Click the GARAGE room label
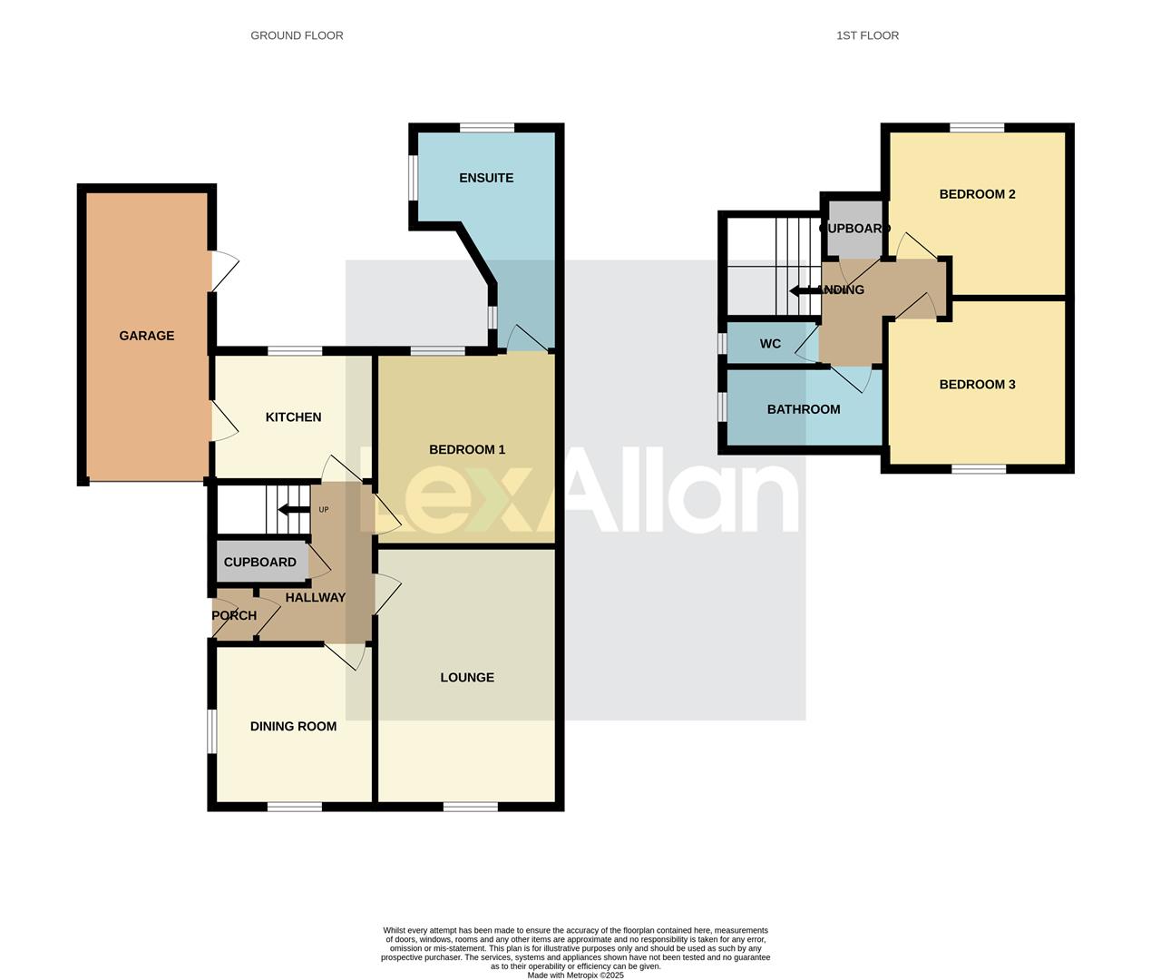click(146, 336)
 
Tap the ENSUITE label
click(486, 178)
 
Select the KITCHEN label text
click(293, 417)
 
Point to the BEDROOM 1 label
click(467, 450)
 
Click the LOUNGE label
click(467, 678)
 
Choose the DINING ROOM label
click(293, 727)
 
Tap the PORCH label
click(234, 615)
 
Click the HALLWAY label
click(316, 598)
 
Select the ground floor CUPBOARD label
click(259, 563)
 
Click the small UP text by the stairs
click(324, 510)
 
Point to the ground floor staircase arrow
click(292, 510)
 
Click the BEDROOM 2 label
click(977, 194)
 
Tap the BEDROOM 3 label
click(977, 385)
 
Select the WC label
click(770, 344)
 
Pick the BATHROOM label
click(804, 409)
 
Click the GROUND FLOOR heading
click(297, 35)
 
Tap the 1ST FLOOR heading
click(867, 35)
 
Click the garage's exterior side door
click(223, 270)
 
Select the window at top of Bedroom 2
click(977, 128)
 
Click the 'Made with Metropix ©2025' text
click(575, 975)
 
